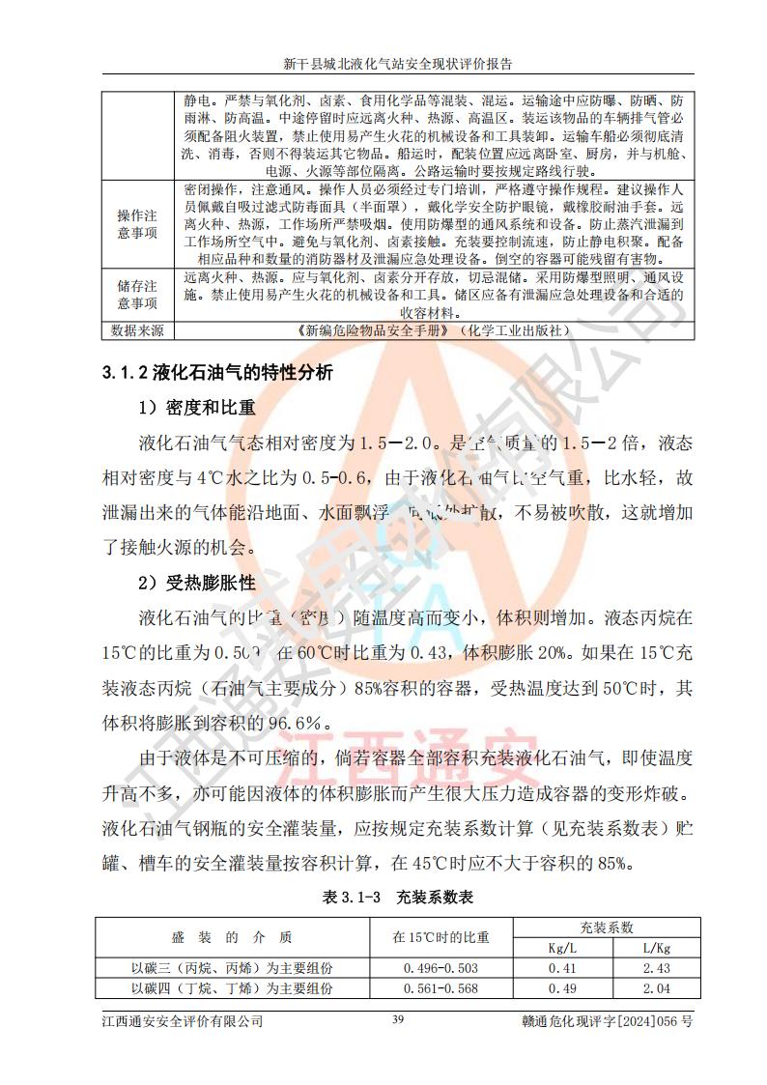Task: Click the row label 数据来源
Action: pyautogui.click(x=137, y=330)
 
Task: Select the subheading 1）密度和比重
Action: pyautogui.click(x=198, y=408)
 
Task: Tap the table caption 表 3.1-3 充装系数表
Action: pyautogui.click(x=397, y=897)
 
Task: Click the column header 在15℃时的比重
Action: pyautogui.click(x=440, y=937)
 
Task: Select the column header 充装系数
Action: pyautogui.click(x=606, y=928)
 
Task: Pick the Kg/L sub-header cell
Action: pyautogui.click(x=561, y=948)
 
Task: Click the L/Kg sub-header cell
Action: pyautogui.click(x=656, y=948)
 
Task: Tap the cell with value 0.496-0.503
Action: pyautogui.click(x=440, y=968)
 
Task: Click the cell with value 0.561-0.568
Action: pyautogui.click(x=440, y=988)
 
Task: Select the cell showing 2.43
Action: pyautogui.click(x=656, y=968)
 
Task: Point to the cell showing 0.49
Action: pyautogui.click(x=561, y=988)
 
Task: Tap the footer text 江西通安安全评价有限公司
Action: pyautogui.click(x=183, y=1021)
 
